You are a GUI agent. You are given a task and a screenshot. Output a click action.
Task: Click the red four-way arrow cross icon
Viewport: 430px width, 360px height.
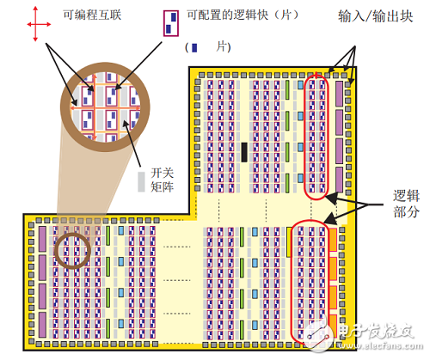tap(35, 24)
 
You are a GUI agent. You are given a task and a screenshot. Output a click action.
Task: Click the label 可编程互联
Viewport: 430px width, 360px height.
tap(92, 15)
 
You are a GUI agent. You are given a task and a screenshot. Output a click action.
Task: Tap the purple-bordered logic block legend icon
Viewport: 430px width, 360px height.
tap(171, 23)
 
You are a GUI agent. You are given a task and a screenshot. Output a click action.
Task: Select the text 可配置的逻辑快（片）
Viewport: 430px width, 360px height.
tap(243, 15)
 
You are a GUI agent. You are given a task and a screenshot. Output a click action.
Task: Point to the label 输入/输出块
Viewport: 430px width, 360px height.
tap(376, 16)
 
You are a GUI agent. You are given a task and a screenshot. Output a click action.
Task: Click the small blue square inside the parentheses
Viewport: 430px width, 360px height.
tap(194, 47)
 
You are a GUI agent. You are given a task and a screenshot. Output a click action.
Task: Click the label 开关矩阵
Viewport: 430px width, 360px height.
tap(163, 180)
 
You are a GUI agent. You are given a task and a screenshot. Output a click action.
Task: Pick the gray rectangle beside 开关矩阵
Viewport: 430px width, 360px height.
tap(141, 181)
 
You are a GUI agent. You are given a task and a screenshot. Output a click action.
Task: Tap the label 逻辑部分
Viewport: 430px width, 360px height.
tap(406, 204)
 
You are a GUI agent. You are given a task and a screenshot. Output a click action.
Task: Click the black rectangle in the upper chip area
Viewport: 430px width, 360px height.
tap(244, 152)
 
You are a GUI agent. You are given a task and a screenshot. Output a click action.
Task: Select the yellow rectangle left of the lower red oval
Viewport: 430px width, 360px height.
tap(289, 242)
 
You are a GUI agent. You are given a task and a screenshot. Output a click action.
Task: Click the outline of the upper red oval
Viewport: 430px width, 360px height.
tap(304, 136)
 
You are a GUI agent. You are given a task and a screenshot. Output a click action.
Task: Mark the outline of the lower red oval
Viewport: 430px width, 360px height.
tap(291, 282)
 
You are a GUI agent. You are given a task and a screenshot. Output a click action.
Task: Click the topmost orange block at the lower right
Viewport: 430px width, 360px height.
tap(333, 240)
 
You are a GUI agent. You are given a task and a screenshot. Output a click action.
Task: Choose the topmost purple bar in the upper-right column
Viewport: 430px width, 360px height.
tap(339, 94)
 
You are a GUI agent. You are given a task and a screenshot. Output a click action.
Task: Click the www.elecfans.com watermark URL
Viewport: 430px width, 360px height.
tap(380, 345)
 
